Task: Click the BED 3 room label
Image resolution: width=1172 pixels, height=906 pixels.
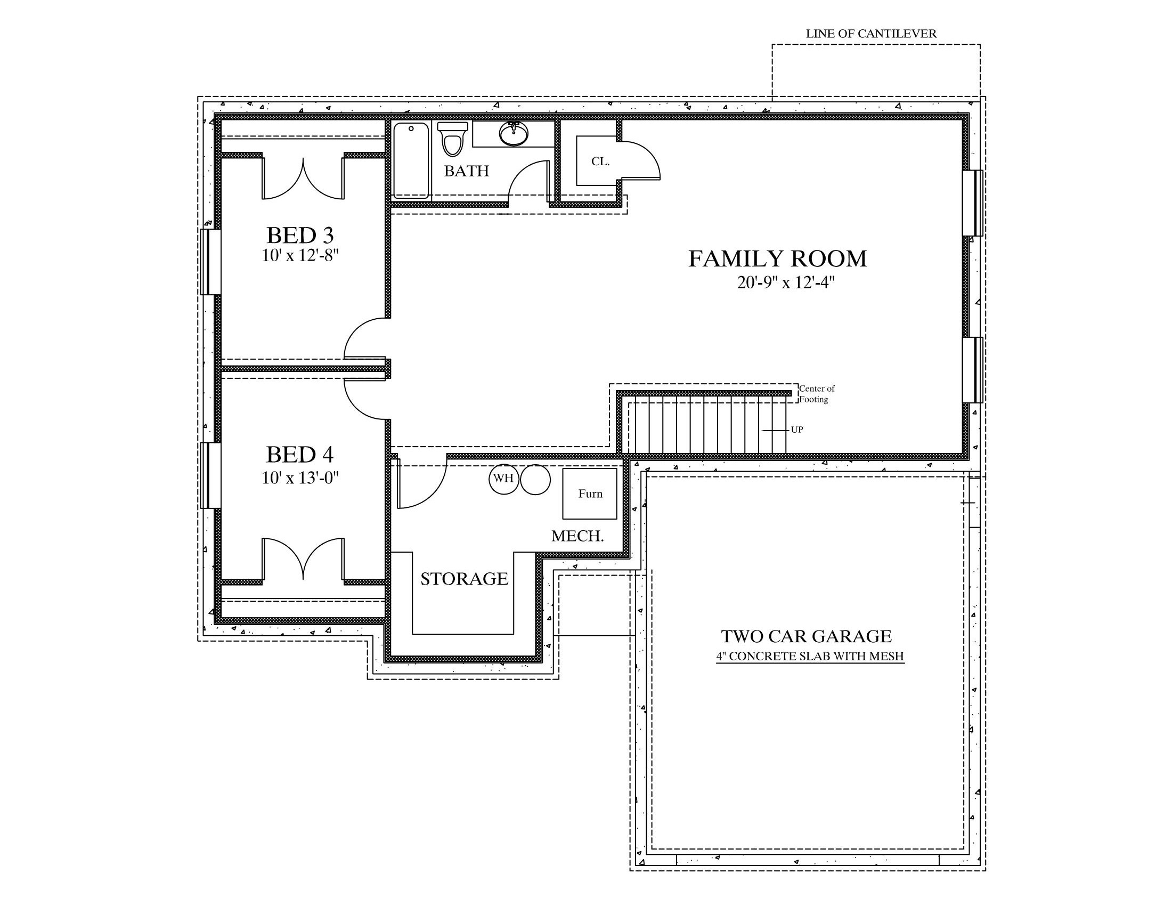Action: tap(300, 235)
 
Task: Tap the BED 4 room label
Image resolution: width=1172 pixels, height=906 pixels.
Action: tap(300, 455)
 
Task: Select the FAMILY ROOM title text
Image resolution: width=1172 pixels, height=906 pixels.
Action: tap(778, 258)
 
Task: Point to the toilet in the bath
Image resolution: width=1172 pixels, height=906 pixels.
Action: tap(452, 139)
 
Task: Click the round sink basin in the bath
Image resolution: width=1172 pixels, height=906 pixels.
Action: tap(514, 133)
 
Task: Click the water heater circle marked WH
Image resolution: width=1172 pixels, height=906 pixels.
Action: tap(503, 479)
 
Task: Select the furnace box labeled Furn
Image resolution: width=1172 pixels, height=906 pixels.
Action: tap(590, 494)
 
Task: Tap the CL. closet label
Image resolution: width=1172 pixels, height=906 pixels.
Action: tap(600, 161)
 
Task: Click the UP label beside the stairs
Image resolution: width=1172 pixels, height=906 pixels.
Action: tap(797, 430)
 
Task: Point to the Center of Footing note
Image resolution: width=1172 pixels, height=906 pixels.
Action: tap(817, 394)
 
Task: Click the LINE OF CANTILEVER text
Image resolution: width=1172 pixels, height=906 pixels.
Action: tap(872, 33)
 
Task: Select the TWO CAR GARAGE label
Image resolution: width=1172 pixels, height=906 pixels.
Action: tap(807, 636)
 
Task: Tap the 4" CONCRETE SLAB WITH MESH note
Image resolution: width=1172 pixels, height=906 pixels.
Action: tap(810, 656)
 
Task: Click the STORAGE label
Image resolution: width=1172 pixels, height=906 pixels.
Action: tap(464, 579)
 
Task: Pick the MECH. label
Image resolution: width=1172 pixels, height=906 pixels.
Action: tap(578, 536)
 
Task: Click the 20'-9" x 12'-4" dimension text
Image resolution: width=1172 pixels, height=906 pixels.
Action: tap(786, 283)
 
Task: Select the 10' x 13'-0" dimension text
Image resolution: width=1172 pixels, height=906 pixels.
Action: tap(300, 478)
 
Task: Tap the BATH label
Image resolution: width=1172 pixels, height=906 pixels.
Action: tap(467, 171)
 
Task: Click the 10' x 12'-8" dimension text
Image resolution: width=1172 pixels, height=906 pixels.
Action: tap(300, 255)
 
